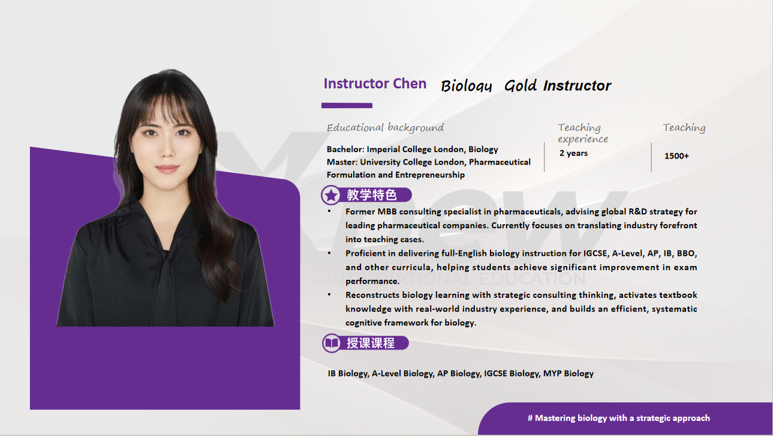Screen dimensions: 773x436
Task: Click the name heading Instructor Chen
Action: [x=375, y=83]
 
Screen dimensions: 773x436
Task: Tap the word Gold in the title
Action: [x=521, y=86]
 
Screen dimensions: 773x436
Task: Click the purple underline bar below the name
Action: [x=347, y=105]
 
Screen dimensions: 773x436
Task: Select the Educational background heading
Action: [x=385, y=127]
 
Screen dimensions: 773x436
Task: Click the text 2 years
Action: [x=573, y=153]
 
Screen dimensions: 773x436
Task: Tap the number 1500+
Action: [x=676, y=156]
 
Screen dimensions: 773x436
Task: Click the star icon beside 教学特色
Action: [x=331, y=195]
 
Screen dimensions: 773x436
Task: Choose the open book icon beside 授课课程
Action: [x=332, y=343]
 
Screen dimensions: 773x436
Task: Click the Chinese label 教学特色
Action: [x=372, y=195]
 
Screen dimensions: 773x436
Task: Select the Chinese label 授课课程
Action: [x=371, y=343]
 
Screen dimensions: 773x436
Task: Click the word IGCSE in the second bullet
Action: [x=595, y=253]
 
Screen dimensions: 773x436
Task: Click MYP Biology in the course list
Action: [x=569, y=374]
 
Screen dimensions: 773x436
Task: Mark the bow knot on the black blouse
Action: [x=168, y=256]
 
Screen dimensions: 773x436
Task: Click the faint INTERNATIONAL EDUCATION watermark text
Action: [x=456, y=279]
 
